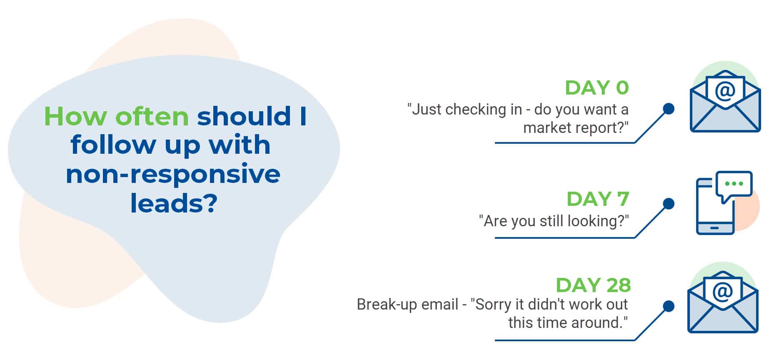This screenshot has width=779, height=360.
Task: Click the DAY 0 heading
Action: click(x=597, y=87)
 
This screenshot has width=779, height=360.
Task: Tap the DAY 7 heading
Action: click(x=598, y=199)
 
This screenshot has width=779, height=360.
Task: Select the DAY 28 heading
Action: click(x=593, y=285)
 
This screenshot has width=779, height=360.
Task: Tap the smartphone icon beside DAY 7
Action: click(x=715, y=206)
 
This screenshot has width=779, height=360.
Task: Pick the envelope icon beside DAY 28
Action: click(x=723, y=302)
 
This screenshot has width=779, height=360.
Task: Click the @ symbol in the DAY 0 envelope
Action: click(x=725, y=91)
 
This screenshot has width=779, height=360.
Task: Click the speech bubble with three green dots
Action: click(x=734, y=186)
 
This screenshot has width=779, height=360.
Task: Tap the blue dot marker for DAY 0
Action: click(x=669, y=109)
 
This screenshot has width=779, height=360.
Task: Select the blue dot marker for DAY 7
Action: click(x=669, y=204)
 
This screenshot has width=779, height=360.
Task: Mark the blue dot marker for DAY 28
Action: click(x=669, y=306)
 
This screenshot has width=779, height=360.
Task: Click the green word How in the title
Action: click(x=75, y=116)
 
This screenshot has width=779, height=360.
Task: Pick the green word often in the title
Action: click(x=152, y=116)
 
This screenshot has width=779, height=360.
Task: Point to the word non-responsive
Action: click(x=173, y=174)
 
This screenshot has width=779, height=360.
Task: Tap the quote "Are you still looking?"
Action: click(x=554, y=221)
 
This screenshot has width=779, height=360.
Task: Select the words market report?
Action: click(x=576, y=127)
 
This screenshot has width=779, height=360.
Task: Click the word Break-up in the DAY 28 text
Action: click(x=387, y=305)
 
